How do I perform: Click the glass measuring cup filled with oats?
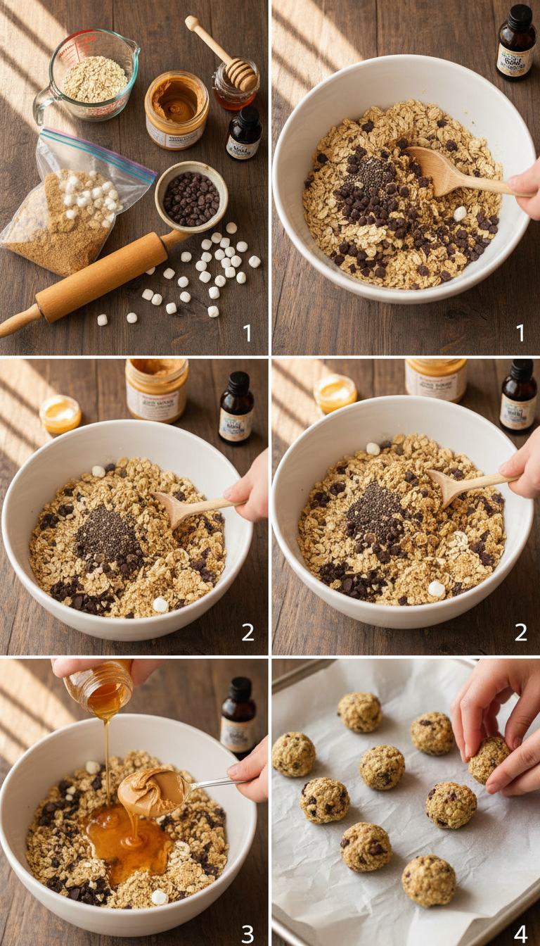[x=95, y=77]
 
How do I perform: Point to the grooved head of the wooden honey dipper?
[x=241, y=75]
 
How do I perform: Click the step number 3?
[x=247, y=933]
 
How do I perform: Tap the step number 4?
[x=520, y=933]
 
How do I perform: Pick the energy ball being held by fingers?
[x=489, y=759]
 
